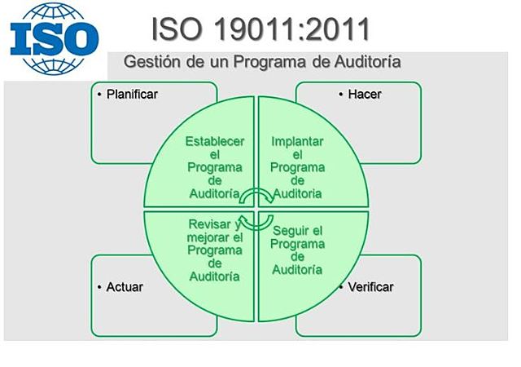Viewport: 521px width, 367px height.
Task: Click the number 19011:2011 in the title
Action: (292, 28)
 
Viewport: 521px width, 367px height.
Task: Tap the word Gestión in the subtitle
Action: (151, 62)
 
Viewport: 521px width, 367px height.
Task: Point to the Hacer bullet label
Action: (364, 94)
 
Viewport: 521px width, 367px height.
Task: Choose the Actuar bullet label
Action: (125, 287)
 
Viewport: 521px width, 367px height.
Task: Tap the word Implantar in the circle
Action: (297, 141)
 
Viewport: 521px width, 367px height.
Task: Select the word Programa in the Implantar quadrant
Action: (297, 167)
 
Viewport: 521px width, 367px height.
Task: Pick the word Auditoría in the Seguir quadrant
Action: (297, 270)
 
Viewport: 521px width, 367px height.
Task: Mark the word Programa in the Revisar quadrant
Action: (215, 250)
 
